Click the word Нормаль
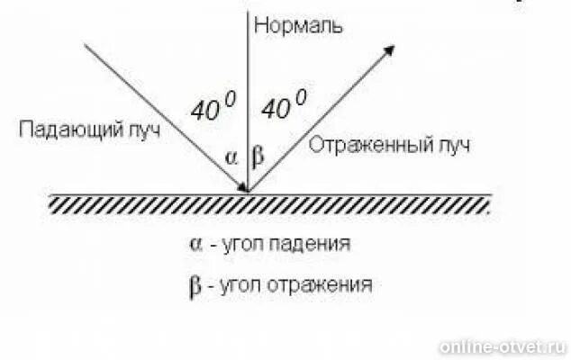tap(298, 24)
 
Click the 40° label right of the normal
tap(283, 107)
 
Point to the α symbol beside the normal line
tap(231, 157)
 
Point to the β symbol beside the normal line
tap(259, 157)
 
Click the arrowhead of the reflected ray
tap(390, 51)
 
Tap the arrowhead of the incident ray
tap(242, 185)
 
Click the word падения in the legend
tap(315, 244)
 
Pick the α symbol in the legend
tap(195, 244)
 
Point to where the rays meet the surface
tap(248, 192)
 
